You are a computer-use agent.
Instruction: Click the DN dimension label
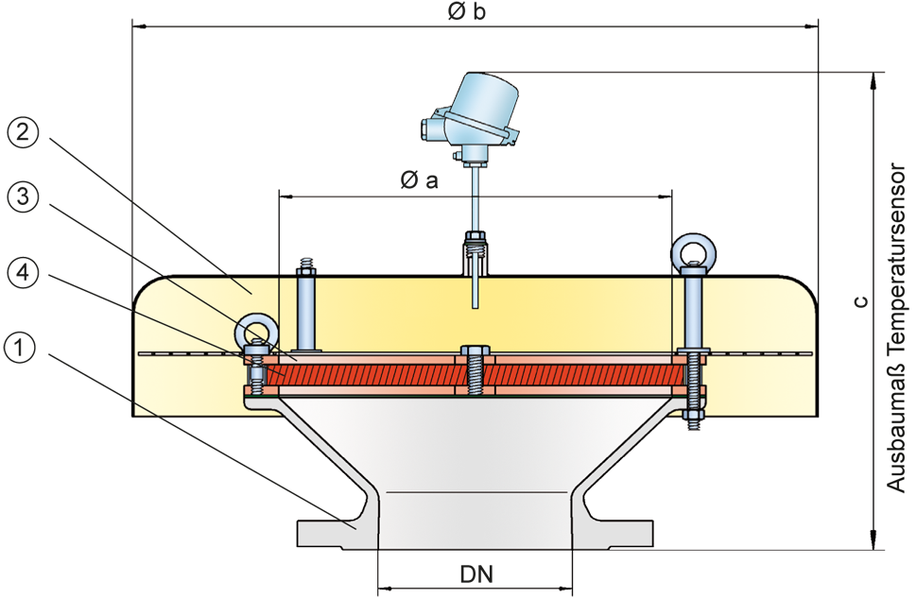click(x=476, y=573)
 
